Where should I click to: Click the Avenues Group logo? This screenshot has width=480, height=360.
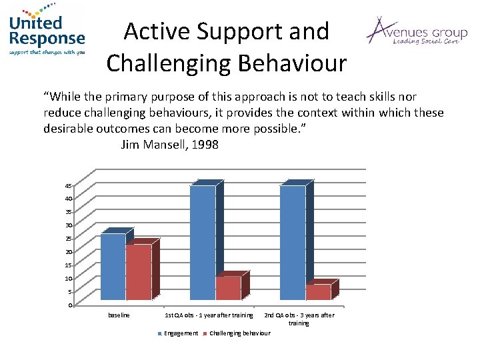(416, 32)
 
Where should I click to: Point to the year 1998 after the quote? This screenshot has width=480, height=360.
(205, 144)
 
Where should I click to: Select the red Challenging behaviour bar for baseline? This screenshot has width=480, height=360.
(138, 272)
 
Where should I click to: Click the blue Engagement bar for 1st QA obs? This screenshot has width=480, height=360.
(203, 243)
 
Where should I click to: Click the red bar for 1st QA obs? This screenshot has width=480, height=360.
(228, 288)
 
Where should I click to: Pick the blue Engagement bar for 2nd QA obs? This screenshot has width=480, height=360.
(293, 243)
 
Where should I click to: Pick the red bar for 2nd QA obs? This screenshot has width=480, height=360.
(318, 292)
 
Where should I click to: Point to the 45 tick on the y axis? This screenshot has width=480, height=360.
(69, 185)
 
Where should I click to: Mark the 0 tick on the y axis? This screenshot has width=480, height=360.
(70, 305)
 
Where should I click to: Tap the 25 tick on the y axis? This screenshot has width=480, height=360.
(69, 239)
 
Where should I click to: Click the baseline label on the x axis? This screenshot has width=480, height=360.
(119, 315)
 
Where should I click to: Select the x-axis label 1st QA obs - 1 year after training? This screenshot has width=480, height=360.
(209, 315)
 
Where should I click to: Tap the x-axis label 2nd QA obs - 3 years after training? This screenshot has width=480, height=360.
(299, 319)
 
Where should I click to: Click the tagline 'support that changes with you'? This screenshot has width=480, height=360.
(47, 51)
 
